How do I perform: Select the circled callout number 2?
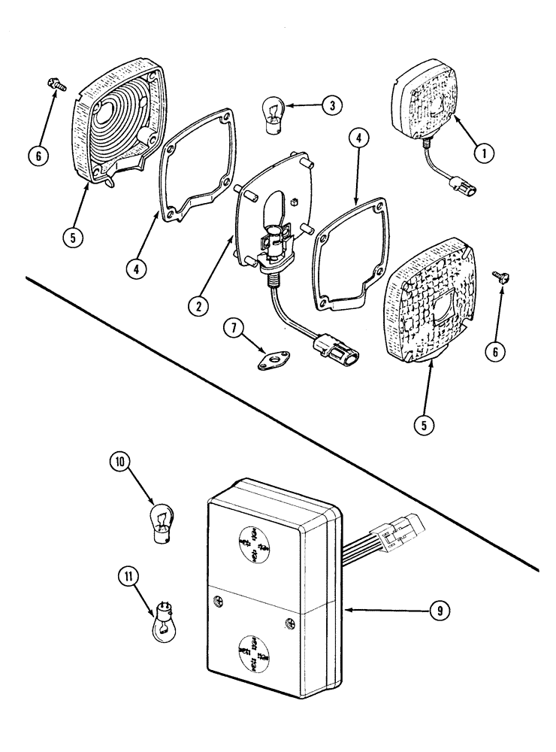click(198, 305)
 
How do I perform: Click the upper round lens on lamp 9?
click(255, 542)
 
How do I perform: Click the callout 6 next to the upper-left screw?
click(41, 156)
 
